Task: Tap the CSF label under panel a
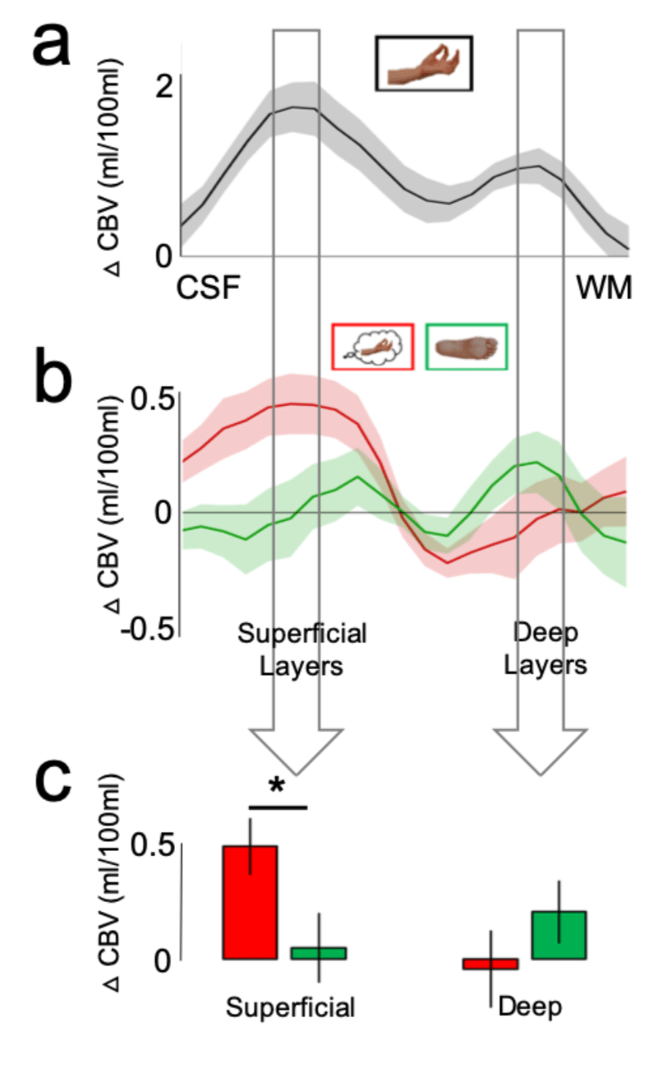click(209, 289)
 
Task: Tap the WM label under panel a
click(603, 289)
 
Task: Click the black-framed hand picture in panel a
click(424, 63)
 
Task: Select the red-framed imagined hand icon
click(373, 346)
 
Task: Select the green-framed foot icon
click(466, 346)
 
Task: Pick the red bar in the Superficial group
click(250, 902)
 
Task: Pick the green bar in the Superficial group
click(318, 953)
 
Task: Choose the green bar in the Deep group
click(559, 935)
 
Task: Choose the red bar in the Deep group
click(490, 964)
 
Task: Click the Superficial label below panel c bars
click(291, 1008)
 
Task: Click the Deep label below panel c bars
click(530, 1006)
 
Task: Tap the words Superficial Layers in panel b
click(301, 649)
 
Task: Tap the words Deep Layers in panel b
click(546, 649)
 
